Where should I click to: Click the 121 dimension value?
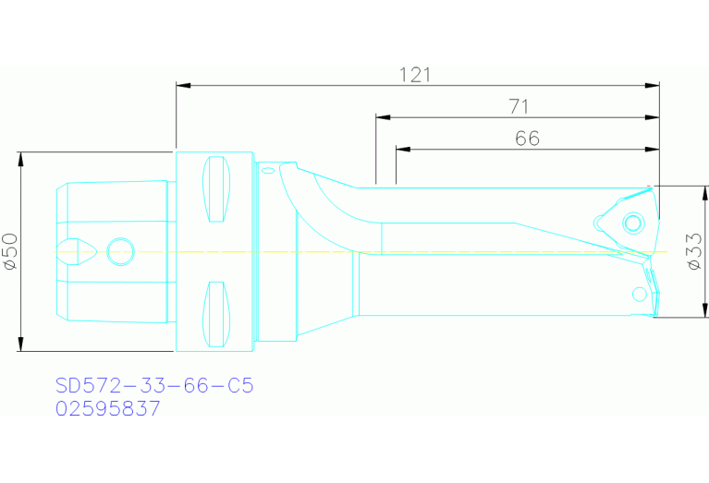(x=416, y=75)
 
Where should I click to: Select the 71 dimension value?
(x=518, y=107)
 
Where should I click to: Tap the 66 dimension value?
(x=527, y=139)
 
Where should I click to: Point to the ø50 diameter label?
(x=10, y=251)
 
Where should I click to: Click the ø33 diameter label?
(x=696, y=252)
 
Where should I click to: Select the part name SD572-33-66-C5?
(x=153, y=385)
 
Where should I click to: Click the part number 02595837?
(x=108, y=408)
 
